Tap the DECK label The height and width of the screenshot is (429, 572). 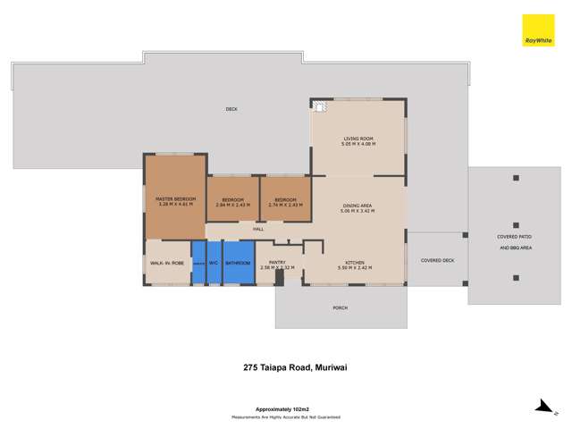[x=231, y=109]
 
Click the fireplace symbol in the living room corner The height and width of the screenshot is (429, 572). [x=319, y=108]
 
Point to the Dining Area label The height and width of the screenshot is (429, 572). [x=357, y=208]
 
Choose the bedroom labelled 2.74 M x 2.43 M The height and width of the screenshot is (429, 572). [x=285, y=202]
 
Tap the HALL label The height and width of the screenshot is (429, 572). [x=258, y=230]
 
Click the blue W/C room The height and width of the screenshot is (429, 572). [x=214, y=263]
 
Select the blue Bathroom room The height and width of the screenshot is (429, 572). [x=238, y=263]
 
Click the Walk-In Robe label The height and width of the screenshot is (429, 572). [x=167, y=263]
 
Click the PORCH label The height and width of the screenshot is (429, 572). [x=340, y=307]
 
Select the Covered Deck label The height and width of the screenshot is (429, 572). [x=437, y=260]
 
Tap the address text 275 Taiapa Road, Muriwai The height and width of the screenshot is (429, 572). [x=286, y=366]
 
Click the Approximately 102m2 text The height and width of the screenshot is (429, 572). [x=286, y=408]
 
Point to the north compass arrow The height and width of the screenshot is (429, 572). [x=543, y=408]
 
